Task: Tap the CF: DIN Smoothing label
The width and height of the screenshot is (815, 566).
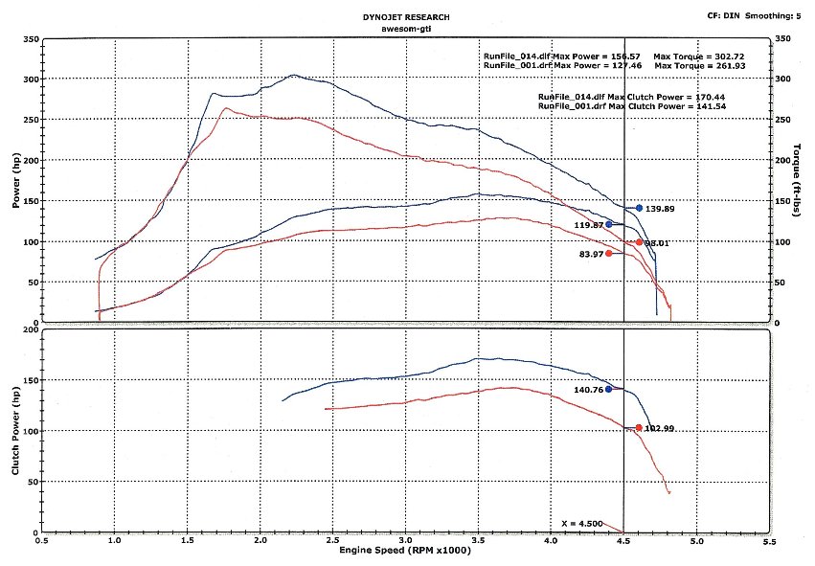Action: tap(754, 16)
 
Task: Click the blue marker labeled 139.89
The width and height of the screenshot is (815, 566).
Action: tap(639, 208)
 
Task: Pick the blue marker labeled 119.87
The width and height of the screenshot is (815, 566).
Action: tap(608, 224)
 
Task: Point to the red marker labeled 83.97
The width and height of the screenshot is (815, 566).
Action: tap(608, 253)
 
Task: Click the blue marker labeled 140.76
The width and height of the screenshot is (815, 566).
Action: tap(608, 389)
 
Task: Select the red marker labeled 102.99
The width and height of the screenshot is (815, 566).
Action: tap(639, 428)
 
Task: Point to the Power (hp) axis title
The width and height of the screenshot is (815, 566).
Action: tap(16, 182)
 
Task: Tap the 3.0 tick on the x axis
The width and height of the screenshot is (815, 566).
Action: tap(405, 541)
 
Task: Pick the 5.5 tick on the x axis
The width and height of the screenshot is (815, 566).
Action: tap(768, 541)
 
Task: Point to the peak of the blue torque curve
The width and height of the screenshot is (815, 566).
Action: tap(293, 75)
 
